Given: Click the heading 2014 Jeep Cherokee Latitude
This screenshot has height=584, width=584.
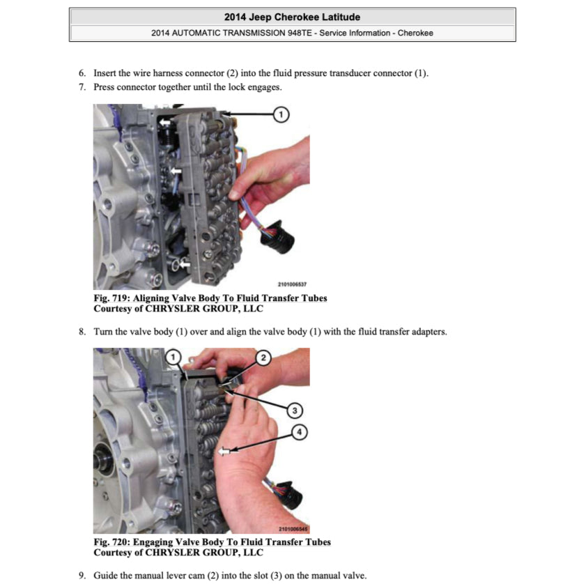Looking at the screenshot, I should coord(292,17).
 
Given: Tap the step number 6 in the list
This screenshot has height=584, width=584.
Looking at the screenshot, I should coord(82,73).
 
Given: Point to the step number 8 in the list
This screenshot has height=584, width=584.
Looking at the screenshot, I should coord(82,332).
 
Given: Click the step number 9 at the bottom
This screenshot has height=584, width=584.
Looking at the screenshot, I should coord(82,576).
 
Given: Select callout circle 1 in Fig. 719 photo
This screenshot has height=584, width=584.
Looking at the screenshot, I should coord(280,114).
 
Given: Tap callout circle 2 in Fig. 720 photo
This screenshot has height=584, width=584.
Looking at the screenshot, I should coord(263,358).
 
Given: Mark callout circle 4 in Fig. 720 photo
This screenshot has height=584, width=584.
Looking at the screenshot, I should coord(299,433).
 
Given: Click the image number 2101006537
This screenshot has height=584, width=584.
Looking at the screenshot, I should coord(292,284).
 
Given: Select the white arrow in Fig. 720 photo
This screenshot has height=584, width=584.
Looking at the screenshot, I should coord(223,452).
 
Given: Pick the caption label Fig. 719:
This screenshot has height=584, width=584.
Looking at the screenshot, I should coord(112,298).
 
